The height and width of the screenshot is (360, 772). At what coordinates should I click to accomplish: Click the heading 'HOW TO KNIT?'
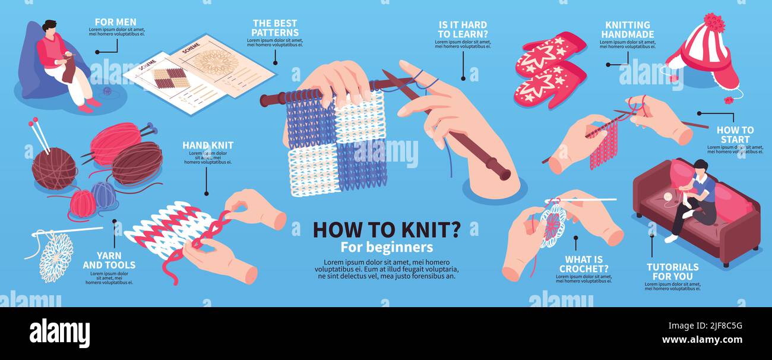[x=387, y=229]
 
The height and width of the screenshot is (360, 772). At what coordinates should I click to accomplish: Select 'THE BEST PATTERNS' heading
[x=275, y=28]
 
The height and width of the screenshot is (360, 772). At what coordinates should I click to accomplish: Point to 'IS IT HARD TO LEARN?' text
[x=463, y=29]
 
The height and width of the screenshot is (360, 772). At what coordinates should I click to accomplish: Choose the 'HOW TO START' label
[x=735, y=134]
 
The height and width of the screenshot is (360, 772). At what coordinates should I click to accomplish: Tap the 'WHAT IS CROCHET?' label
[x=584, y=264]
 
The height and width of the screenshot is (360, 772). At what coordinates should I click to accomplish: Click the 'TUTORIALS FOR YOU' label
[x=672, y=271]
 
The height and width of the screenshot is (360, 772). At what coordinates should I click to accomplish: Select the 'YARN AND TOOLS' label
[x=109, y=260]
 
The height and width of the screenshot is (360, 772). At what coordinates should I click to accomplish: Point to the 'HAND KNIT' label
[x=207, y=145]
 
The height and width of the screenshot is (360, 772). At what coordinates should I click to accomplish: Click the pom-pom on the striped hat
[x=714, y=23]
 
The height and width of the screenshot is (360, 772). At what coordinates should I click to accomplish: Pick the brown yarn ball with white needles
[x=53, y=168]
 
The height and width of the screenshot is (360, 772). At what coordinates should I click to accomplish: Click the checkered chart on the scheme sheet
[x=170, y=78]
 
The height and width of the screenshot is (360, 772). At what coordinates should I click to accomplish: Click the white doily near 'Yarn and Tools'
[x=56, y=257]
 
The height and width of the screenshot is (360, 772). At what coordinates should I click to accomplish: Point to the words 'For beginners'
[x=387, y=247]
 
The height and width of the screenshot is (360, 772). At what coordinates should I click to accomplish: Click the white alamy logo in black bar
[x=59, y=333]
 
